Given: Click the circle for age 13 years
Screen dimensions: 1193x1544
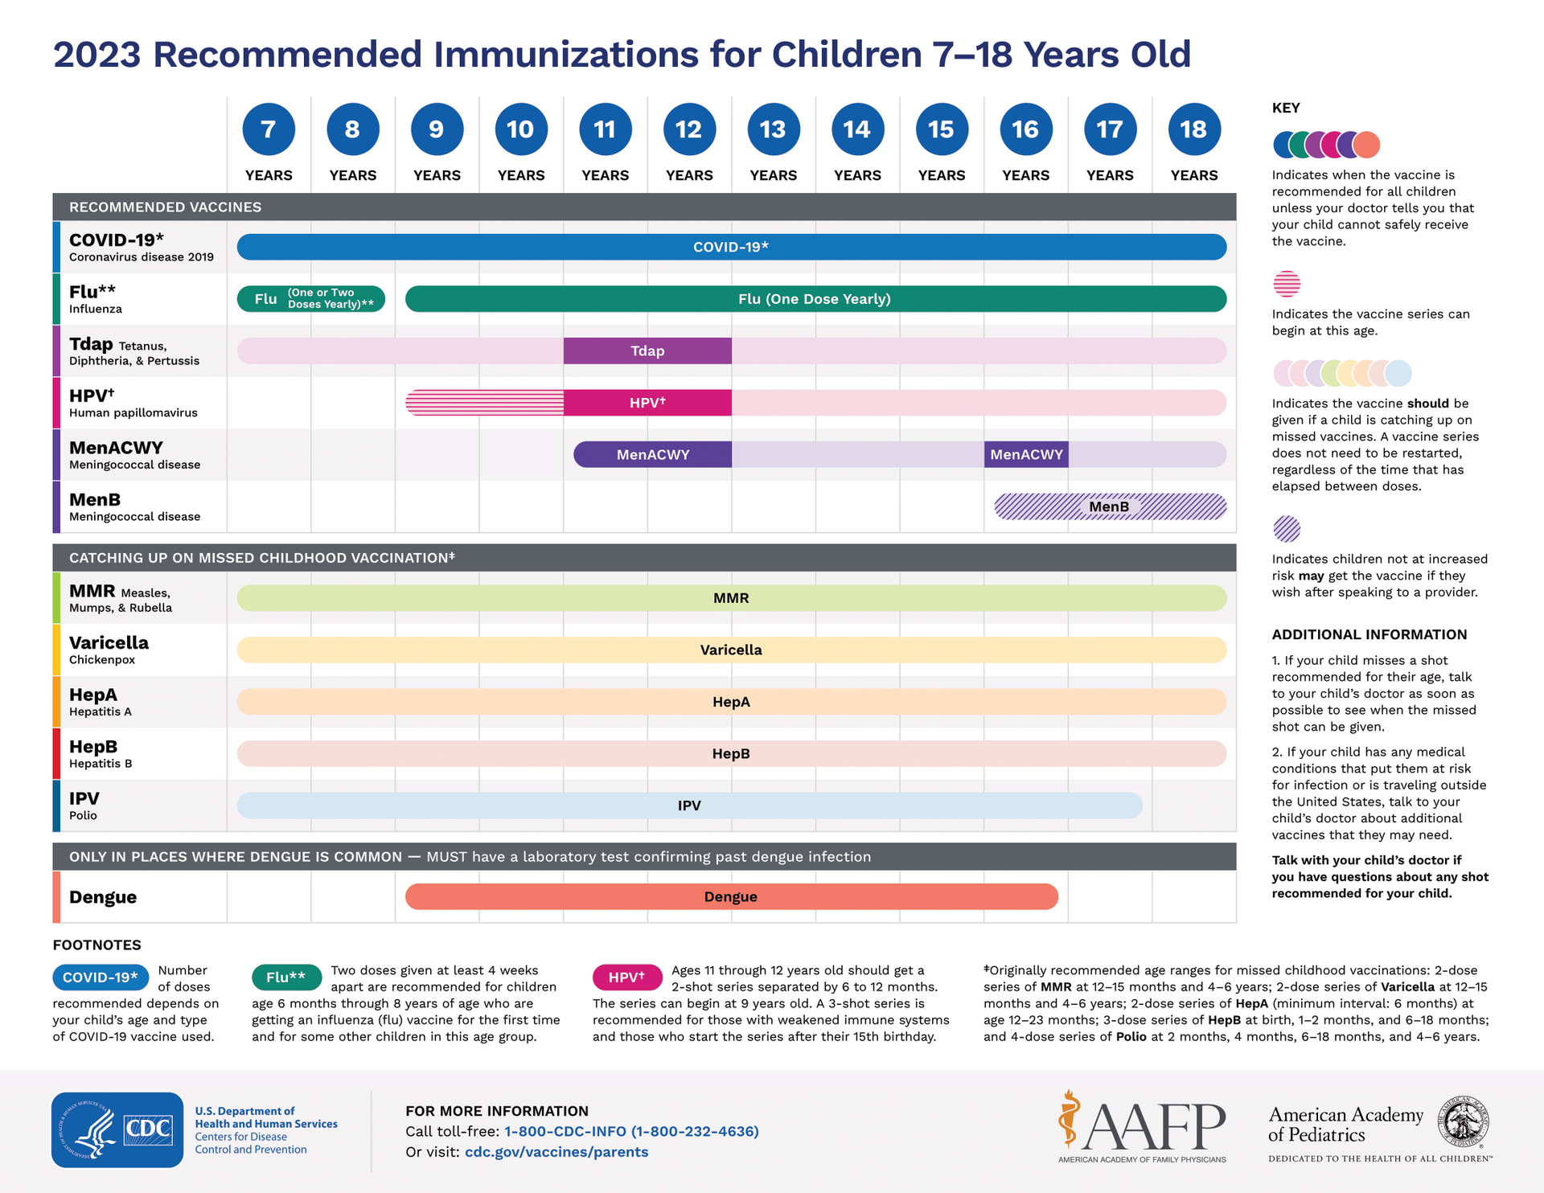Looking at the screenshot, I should [773, 129].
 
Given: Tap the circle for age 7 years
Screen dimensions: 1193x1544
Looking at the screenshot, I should [269, 129].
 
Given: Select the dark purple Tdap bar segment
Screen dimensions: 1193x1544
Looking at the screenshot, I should [647, 351].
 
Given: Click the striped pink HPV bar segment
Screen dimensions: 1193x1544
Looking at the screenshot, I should [484, 402].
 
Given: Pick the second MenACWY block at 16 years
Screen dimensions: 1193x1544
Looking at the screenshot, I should [1026, 454].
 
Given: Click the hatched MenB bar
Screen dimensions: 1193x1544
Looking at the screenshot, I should [1110, 506].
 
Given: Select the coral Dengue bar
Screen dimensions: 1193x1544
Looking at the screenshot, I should [731, 896].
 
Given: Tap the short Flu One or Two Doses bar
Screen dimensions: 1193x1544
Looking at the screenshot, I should [311, 298].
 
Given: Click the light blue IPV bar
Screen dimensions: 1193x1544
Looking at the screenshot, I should [689, 805].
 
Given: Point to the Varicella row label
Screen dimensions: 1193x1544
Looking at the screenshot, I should [109, 649].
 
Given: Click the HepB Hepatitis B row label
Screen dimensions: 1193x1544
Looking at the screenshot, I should [100, 753].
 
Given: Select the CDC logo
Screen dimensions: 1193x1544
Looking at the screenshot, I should [117, 1129].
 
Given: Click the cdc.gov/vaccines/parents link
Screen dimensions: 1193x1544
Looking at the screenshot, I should [556, 1152].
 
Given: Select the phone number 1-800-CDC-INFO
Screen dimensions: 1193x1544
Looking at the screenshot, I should [631, 1131].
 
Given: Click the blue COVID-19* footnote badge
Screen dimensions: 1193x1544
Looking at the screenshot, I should [101, 977].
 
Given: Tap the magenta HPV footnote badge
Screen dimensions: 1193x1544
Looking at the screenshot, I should [627, 977].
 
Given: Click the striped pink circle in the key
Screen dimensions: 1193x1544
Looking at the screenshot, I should [1287, 284].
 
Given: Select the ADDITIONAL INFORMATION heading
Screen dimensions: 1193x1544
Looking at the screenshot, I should [1369, 634].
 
